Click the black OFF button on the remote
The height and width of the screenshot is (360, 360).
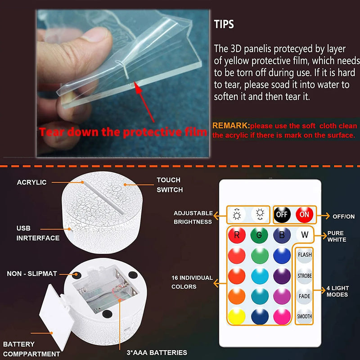(282, 215)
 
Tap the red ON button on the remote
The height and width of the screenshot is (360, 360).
(305, 215)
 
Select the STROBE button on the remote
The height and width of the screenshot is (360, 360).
(305, 275)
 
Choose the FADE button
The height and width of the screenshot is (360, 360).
(305, 297)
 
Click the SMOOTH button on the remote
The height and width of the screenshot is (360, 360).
(305, 316)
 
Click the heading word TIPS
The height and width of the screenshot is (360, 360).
(224, 24)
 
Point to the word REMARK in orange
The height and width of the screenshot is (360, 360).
(230, 126)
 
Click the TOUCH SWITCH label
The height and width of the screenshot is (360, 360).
(169, 185)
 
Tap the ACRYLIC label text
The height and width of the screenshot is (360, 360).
(31, 182)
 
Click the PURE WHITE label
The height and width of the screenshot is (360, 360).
(337, 236)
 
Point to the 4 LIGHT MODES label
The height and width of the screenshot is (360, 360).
(337, 292)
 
